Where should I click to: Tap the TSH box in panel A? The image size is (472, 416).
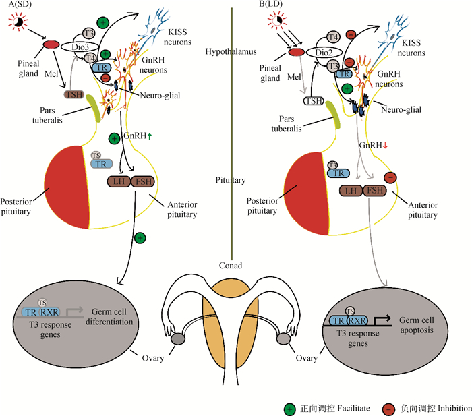(x=74, y=94)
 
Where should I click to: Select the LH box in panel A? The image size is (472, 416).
(x=119, y=181)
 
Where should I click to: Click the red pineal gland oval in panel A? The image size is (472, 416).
(x=51, y=44)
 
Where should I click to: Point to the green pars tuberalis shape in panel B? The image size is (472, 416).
(x=335, y=119)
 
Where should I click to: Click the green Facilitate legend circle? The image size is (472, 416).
(x=289, y=409)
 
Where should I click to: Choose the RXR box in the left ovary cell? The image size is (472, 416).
(x=49, y=312)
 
